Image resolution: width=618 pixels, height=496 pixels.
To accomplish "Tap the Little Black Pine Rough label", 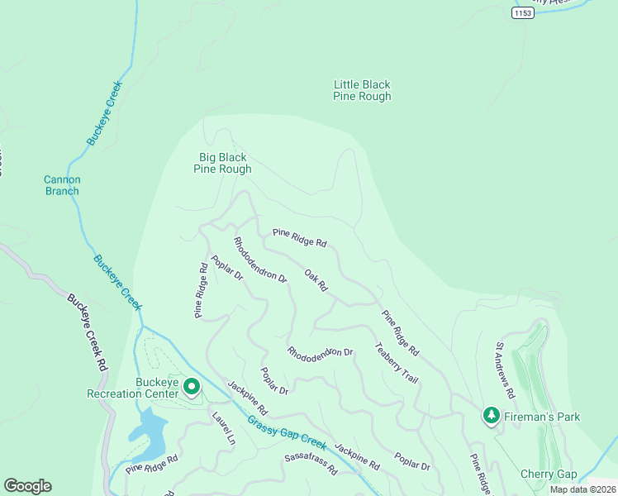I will (362, 90).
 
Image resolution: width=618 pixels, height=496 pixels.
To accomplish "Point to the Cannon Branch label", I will (62, 185).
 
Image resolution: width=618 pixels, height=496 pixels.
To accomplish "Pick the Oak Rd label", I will (316, 280).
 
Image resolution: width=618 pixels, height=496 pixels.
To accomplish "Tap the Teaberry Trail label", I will (397, 362).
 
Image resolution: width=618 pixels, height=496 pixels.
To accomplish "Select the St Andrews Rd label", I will (505, 370).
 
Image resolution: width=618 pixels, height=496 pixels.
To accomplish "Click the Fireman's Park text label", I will (544, 417).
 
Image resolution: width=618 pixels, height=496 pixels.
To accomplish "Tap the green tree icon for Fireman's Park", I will (492, 415).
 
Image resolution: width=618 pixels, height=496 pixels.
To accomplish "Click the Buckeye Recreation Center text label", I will (132, 388).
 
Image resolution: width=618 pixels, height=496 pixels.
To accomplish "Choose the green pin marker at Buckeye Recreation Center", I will (192, 386).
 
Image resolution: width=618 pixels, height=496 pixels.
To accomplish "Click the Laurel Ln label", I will (223, 429).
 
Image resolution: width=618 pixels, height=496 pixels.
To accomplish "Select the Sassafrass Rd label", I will (311, 464).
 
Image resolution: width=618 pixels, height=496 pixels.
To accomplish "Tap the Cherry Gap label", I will (548, 474).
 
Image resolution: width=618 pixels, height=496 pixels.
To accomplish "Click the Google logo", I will (27, 486).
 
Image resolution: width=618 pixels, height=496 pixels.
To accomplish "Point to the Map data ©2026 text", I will (582, 489).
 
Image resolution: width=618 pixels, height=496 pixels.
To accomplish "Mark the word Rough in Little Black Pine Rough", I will (374, 97).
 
